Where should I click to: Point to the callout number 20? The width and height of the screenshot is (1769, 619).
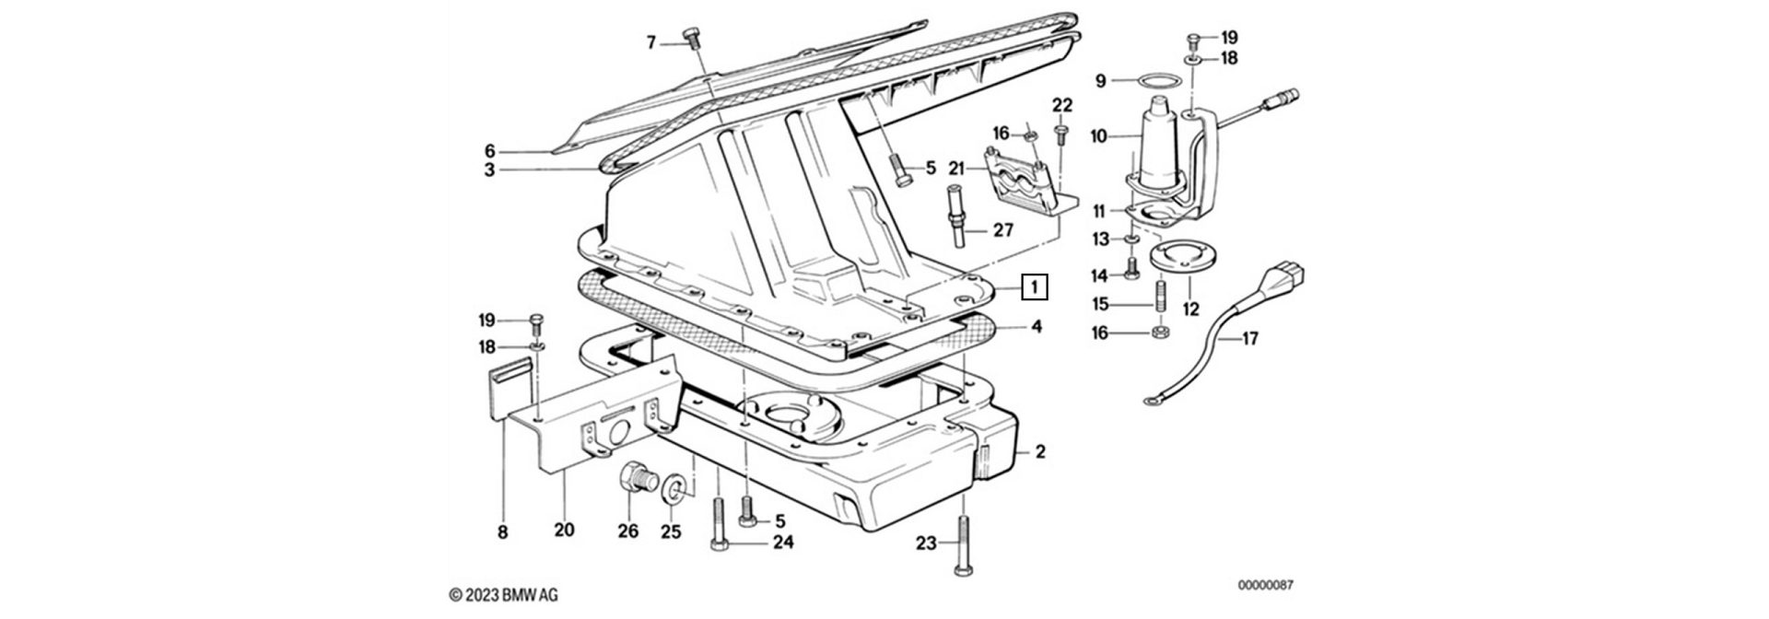tap(564, 530)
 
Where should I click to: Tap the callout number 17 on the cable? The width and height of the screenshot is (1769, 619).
tap(1249, 339)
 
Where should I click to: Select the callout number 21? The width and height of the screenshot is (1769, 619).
tap(955, 169)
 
